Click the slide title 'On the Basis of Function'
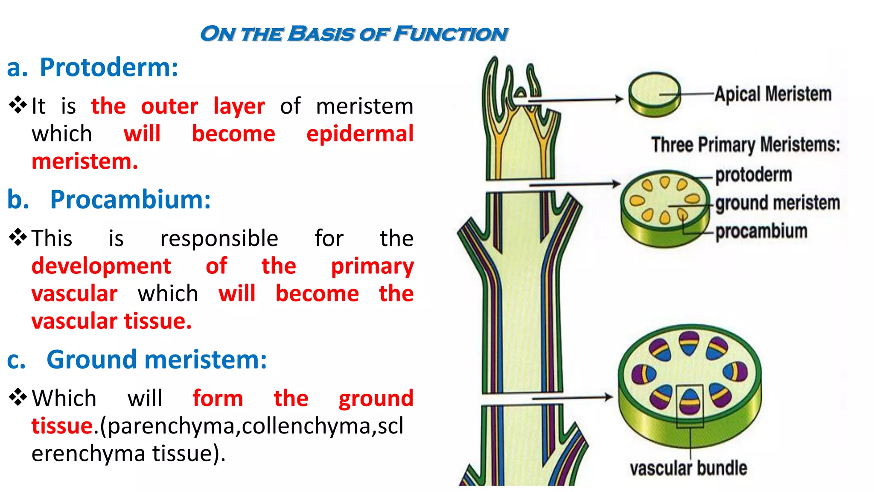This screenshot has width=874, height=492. [354, 34]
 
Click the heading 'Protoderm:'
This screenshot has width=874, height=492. [109, 67]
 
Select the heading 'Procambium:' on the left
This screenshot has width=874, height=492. [130, 199]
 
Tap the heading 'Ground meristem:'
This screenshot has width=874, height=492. [156, 360]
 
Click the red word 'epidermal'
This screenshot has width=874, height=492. [360, 134]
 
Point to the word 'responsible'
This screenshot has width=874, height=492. [219, 238]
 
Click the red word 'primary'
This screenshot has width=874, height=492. [372, 266]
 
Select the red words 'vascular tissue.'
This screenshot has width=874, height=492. [111, 321]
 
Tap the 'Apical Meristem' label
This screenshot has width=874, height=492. [773, 94]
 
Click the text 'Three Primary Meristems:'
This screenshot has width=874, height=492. [745, 145]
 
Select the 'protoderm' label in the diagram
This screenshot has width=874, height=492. [753, 175]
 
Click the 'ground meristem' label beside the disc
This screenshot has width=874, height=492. [777, 203]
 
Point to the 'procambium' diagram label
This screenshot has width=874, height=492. [761, 231]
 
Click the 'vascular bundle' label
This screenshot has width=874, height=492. [688, 469]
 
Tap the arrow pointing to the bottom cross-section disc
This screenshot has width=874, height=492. [572, 398]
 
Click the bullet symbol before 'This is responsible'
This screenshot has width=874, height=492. [18, 237]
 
